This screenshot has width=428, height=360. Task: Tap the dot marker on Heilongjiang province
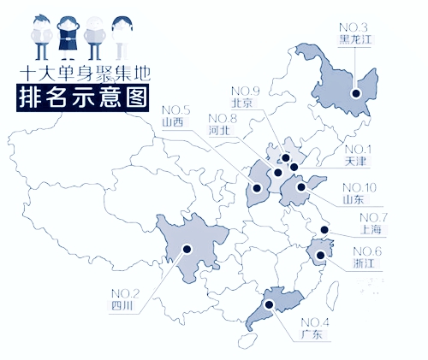point(356,86)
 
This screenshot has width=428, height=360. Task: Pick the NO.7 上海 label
point(374,223)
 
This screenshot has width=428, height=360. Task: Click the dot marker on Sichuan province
point(187,251)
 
